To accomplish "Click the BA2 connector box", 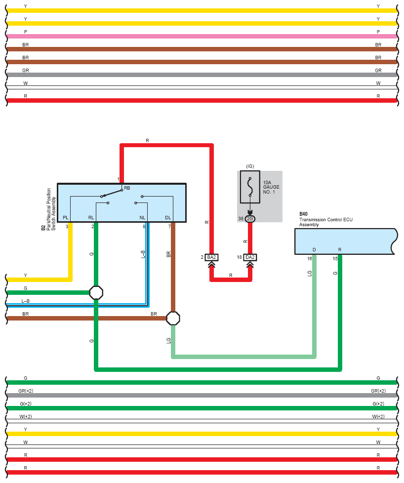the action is [211, 257].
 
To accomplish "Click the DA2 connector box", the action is [250, 257].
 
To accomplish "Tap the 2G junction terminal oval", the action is [250, 219].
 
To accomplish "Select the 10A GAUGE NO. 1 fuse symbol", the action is [250, 187].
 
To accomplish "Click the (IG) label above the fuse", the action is [250, 166].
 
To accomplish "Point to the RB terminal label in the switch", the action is [127, 188].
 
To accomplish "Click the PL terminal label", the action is [66, 217].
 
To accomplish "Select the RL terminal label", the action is [91, 217].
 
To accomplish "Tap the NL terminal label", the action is [142, 217].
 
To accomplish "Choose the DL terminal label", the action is [168, 217].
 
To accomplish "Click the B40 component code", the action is [303, 214].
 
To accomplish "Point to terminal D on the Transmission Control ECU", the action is [314, 249].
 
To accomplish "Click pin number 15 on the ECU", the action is [335, 258].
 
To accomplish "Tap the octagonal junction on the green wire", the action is [96, 293].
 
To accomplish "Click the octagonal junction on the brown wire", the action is [173, 318].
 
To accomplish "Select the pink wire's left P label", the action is [25, 32].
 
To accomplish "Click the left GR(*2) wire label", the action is [26, 391].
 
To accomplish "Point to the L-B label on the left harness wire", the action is [26, 301].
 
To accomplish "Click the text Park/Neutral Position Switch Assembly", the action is [51, 209].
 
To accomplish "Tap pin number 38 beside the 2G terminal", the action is [241, 219].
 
